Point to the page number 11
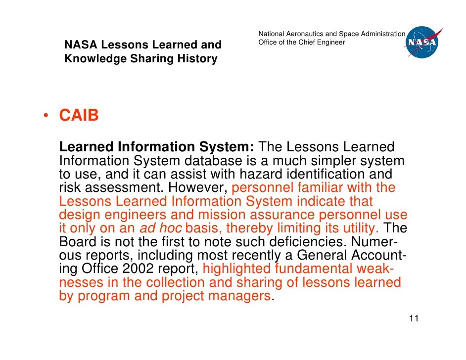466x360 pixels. point(414,318)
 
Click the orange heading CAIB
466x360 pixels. point(79,115)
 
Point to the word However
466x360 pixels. point(197,188)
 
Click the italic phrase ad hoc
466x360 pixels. point(160,228)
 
